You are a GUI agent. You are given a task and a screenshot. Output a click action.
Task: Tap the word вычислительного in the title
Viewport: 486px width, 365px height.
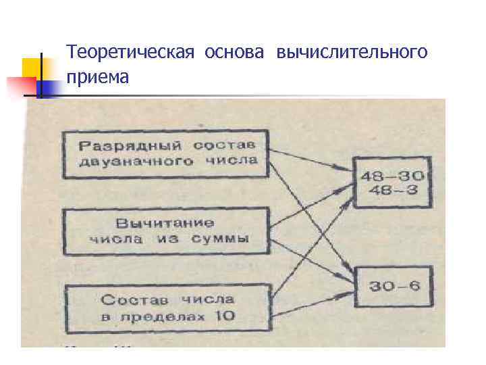[352, 52]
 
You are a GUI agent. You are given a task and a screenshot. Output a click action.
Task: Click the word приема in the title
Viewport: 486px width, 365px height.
[98, 78]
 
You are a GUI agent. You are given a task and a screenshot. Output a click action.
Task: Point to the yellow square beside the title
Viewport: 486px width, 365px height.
[34, 69]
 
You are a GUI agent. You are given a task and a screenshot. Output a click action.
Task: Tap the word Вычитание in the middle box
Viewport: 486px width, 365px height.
[165, 222]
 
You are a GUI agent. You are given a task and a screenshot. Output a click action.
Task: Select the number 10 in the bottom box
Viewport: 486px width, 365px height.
[225, 315]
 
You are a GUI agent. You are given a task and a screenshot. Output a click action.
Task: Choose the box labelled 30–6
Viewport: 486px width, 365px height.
[395, 286]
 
